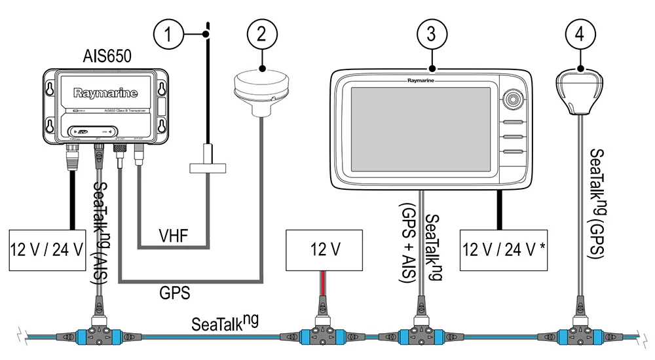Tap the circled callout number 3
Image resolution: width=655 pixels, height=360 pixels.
click(x=431, y=32)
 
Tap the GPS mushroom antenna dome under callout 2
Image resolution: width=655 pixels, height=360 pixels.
click(x=262, y=89)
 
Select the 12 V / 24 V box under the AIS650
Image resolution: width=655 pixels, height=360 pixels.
click(x=47, y=249)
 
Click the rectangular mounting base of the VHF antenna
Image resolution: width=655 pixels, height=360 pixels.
click(x=207, y=168)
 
